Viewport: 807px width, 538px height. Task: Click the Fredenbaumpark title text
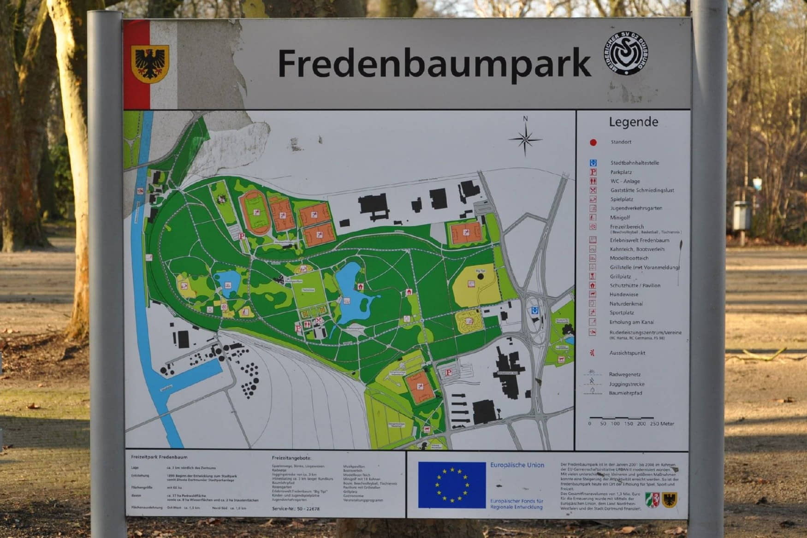(433, 63)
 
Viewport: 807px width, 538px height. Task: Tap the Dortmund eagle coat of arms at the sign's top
(150, 63)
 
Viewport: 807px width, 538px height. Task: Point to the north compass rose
(525, 138)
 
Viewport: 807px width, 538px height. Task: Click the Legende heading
(633, 122)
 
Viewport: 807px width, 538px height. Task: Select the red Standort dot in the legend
(593, 142)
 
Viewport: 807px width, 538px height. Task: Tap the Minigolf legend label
(620, 218)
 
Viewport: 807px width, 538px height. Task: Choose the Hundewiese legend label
(624, 295)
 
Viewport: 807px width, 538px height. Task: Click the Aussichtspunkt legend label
(627, 353)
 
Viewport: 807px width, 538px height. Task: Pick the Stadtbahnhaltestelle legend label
(635, 163)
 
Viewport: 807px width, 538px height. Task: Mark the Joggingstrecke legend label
(626, 384)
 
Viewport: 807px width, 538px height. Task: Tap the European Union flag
(451, 485)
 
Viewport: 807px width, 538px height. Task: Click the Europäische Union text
(517, 465)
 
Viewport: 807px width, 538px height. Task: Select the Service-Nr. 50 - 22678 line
(296, 509)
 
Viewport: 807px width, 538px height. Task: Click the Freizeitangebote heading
(291, 458)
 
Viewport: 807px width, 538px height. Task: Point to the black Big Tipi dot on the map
(481, 276)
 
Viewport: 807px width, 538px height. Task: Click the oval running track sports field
(255, 212)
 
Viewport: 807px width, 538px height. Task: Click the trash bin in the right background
(741, 216)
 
